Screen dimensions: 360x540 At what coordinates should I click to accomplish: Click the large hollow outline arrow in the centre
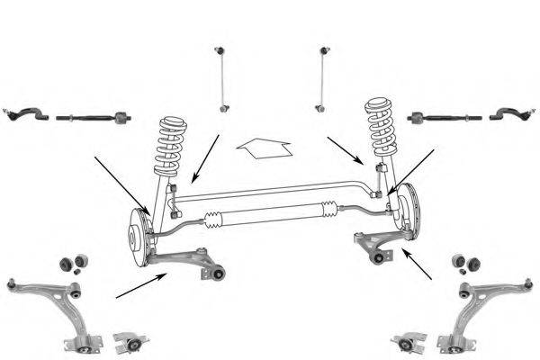264,146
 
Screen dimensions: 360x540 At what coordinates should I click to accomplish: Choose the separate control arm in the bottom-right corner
486,306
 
